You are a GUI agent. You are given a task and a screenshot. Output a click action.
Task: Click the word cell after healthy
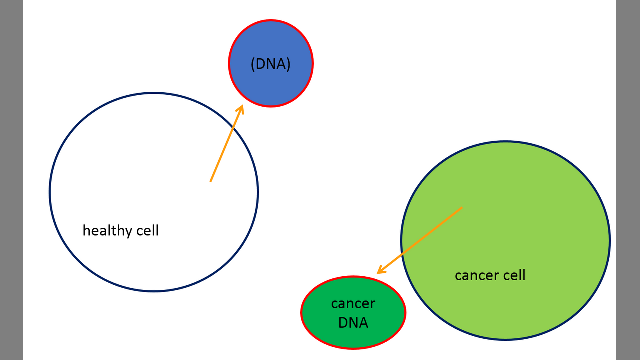click(x=147, y=230)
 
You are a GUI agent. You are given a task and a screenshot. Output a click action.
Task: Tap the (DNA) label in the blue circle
click(x=271, y=64)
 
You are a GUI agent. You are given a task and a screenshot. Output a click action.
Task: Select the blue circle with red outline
click(x=271, y=63)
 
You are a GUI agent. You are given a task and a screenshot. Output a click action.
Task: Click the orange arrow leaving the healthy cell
click(x=227, y=143)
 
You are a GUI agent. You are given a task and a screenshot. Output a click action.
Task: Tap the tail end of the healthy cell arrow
click(x=211, y=181)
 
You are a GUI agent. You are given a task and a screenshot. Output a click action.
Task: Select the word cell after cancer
click(x=514, y=275)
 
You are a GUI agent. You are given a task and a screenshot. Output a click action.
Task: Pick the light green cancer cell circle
click(x=505, y=240)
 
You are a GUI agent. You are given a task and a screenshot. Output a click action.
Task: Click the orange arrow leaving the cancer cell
click(x=419, y=241)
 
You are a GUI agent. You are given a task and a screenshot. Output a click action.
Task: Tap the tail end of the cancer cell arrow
click(x=462, y=208)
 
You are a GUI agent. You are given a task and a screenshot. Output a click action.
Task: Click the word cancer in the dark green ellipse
click(x=353, y=304)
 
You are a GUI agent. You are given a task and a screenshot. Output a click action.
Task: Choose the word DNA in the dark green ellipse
click(x=353, y=323)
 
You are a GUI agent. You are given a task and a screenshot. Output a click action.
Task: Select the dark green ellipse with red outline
click(x=353, y=312)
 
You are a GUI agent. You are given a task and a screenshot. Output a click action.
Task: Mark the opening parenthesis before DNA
click(x=253, y=64)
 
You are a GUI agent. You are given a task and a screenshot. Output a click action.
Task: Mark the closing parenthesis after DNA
click(x=288, y=64)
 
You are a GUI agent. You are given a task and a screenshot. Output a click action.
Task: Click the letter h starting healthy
click(x=86, y=230)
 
